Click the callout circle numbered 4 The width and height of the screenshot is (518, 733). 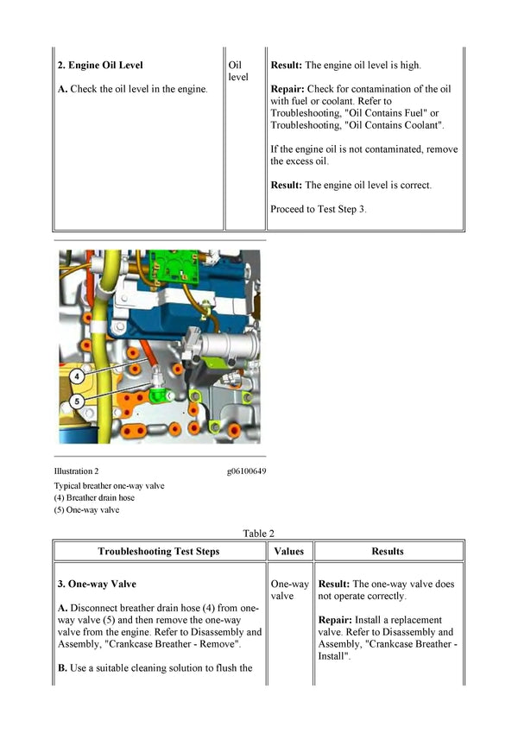pos(78,376)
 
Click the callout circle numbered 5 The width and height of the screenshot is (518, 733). pos(78,401)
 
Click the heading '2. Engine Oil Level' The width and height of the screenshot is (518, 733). pos(100,65)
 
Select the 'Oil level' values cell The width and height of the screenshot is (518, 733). pos(237,71)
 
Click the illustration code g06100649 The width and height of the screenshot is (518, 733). pos(246,471)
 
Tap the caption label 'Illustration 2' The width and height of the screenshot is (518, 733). pos(76,471)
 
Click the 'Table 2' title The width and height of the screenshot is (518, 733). pos(259,534)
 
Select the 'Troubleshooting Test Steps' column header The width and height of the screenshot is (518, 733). pos(158,551)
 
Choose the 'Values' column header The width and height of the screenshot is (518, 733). pos(288,551)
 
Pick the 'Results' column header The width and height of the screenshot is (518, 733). pos(388,551)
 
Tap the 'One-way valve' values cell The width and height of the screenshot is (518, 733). pos(289,591)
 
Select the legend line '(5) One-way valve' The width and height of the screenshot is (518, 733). pos(86,509)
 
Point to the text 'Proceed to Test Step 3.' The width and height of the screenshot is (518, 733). pos(319,209)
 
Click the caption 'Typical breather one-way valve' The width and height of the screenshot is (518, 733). pos(109,485)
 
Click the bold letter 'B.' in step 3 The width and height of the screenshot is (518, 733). pos(62,668)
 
